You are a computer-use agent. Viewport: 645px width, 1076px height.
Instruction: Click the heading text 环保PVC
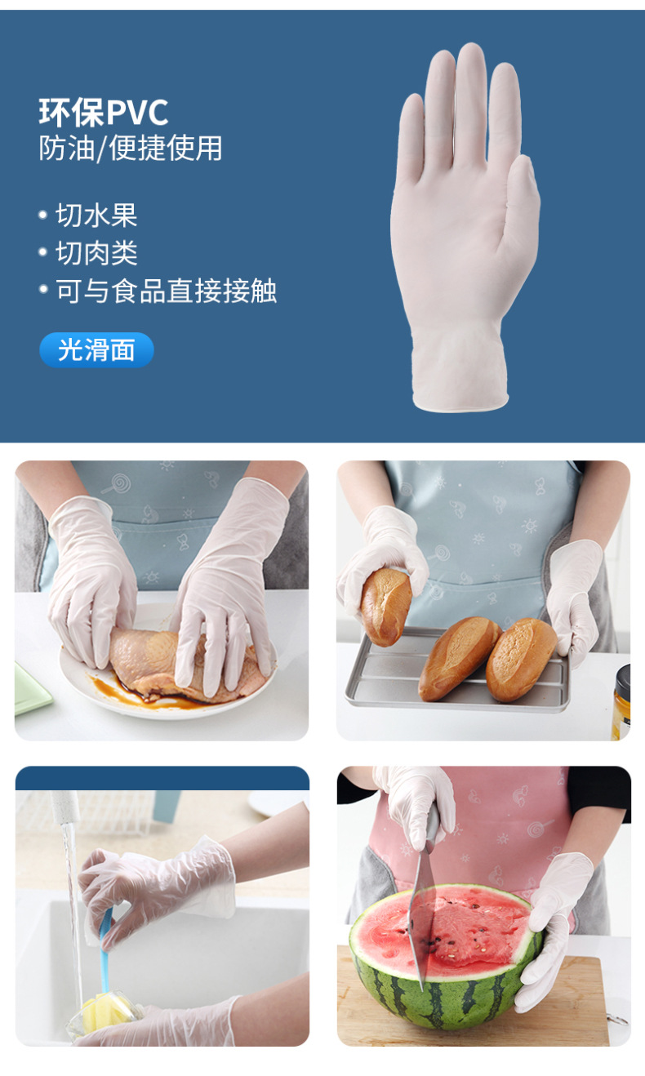(x=103, y=113)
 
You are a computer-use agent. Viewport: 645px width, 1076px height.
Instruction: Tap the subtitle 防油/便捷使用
(x=131, y=149)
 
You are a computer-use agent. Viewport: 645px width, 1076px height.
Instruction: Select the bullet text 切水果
(x=96, y=216)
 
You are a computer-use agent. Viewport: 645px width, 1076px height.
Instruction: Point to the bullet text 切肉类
(x=96, y=253)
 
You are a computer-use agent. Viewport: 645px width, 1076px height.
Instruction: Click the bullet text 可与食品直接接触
(x=166, y=291)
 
